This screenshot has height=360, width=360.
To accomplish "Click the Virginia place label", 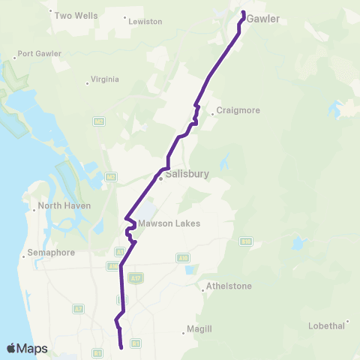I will (x=104, y=78).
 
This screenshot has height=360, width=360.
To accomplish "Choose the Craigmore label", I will (x=238, y=111).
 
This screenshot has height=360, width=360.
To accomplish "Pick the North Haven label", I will (x=66, y=205).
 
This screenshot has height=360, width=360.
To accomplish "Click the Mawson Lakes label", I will (x=169, y=223).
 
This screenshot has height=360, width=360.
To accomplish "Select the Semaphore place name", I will (x=51, y=253).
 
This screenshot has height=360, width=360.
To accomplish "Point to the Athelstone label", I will (x=230, y=286).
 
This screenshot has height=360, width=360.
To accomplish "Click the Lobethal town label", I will (x=326, y=325).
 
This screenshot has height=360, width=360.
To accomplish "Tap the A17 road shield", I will (x=135, y=278).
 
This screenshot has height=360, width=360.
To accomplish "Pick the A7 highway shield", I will (x=79, y=308).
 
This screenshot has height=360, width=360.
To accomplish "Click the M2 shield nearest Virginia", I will (x=98, y=121).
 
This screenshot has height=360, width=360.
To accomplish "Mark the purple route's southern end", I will (x=121, y=347).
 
